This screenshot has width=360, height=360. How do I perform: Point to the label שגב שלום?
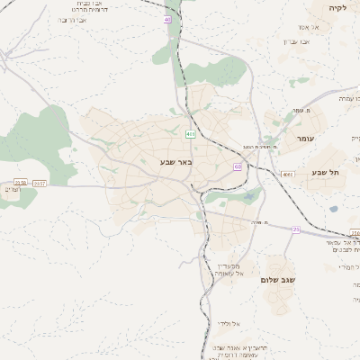(279, 280)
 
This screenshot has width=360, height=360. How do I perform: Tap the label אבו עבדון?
(318, 42)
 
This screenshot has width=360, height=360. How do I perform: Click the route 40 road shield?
(167, 19)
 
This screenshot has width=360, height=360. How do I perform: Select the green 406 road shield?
(190, 133)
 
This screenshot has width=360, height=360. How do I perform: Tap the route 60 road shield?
(238, 166)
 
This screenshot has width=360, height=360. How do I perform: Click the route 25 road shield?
(295, 229)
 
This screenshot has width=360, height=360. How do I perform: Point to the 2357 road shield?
(39, 183)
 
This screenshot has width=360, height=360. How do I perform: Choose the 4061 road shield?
(287, 174)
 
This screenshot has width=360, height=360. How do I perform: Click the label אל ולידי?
(226, 323)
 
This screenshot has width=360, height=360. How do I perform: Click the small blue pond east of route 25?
(334, 209)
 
